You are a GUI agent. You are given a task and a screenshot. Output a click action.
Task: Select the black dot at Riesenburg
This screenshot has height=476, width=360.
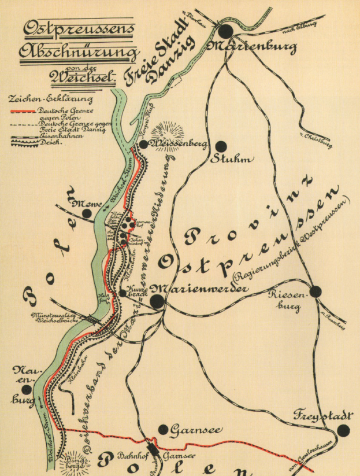tap(316, 291)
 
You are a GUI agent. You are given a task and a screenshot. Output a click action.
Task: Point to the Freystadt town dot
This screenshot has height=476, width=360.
tap(343, 430)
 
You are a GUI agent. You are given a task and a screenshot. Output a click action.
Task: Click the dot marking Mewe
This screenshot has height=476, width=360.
tap(87, 213)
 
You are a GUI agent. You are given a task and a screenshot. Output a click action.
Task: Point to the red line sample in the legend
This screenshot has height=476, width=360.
tap(23, 110)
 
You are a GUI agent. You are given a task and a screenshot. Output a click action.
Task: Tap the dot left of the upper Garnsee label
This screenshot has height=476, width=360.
tap(163, 429)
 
